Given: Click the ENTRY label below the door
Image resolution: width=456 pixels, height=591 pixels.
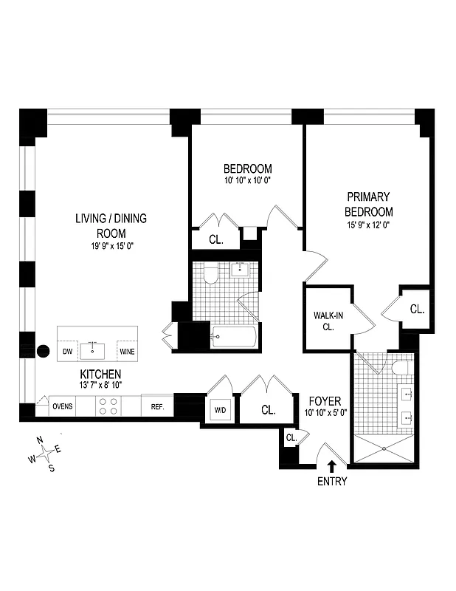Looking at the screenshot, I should coord(332,482).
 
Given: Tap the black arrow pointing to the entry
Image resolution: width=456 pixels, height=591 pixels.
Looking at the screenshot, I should coord(332,465).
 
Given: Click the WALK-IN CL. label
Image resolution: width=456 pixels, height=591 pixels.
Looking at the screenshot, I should coord(325,321).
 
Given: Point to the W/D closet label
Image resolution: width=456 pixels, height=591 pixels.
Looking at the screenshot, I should coord(220,409).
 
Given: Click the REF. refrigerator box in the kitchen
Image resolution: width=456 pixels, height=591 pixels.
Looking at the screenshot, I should coord(156,407).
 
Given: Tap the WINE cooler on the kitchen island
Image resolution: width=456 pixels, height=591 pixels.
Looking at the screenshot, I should coord(128,352).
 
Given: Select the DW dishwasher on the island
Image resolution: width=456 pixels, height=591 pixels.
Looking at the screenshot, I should coord(68,352).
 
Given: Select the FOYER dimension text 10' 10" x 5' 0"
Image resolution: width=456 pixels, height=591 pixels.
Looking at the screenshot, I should coord(325,414).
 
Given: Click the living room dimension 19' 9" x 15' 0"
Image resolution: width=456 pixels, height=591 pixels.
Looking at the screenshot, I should coord(110,247).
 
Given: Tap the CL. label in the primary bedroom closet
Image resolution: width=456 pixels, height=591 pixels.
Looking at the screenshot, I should coord(417,310).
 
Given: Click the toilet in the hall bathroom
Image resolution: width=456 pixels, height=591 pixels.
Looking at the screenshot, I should coord(210,276).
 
